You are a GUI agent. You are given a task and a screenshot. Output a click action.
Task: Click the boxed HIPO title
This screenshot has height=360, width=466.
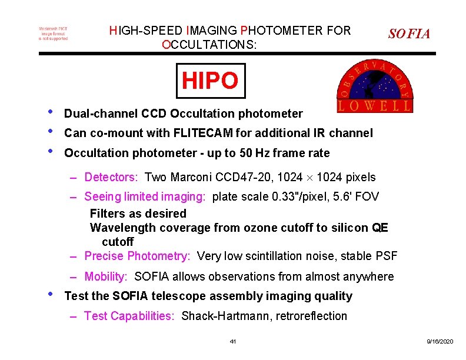210,81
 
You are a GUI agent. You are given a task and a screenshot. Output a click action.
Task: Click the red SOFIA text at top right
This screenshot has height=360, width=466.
409,34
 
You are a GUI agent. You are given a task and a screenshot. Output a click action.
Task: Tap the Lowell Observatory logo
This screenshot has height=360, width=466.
374,87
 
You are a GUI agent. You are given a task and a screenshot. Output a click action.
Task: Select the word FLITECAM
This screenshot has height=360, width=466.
201,133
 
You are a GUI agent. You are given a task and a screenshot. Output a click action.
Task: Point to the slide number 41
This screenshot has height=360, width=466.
233,341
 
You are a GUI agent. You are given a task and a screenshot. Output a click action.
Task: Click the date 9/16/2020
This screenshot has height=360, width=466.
440,341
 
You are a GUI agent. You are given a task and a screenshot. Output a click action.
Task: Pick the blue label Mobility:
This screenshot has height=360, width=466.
106,276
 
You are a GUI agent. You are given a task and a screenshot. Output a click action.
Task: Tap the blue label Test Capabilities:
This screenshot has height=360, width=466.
129,316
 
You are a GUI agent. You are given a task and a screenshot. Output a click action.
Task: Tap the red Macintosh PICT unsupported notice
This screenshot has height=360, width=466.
53,34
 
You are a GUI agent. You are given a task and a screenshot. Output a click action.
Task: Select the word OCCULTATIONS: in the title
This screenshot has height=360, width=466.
209,44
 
